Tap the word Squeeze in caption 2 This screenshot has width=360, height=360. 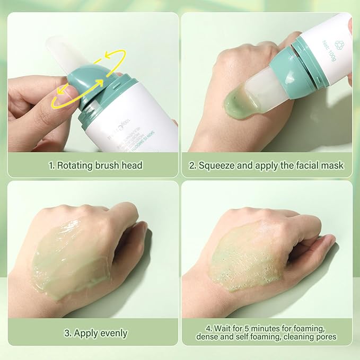[x=217, y=165]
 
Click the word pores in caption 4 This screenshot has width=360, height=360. [x=324, y=337]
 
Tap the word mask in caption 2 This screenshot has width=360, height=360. [x=332, y=165]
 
